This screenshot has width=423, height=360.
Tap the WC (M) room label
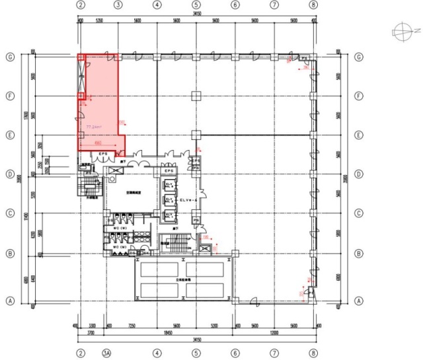tap(120, 246)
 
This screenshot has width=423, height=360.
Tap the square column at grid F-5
tap(196, 96)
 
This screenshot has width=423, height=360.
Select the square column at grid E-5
tap(196, 135)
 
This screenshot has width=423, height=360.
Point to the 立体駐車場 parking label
tap(183, 279)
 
